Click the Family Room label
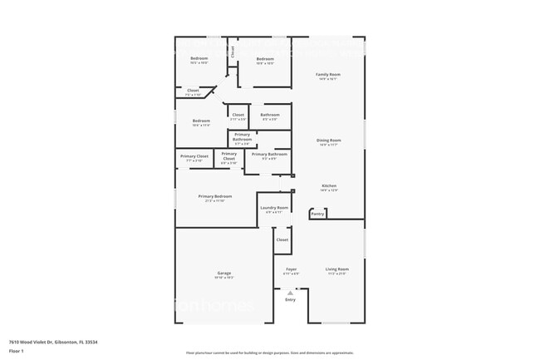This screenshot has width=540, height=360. coord(329,75)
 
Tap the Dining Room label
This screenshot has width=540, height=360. coord(329,141)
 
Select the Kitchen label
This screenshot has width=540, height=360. coord(329,185)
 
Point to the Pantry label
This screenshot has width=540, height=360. coord(317,215)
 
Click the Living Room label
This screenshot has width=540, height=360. coord(336,269)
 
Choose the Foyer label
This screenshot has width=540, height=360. coord(291,269)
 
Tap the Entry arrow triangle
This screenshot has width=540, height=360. coord(290,293)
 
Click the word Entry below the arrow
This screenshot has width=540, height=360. coord(290,300)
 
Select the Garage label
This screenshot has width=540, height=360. coord(223,273)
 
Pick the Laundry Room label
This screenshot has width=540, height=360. coord(274,207)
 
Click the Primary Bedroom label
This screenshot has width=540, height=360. coord(215,196)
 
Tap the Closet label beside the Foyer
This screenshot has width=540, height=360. coord(282,239)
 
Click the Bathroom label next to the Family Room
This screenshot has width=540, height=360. coord(270,115)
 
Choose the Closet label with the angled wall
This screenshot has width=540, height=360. coord(193,90)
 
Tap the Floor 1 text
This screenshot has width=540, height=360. coord(17,351)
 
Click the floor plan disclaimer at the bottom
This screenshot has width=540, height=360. coord(269,353)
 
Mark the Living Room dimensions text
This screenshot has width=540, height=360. coord(336,274)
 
